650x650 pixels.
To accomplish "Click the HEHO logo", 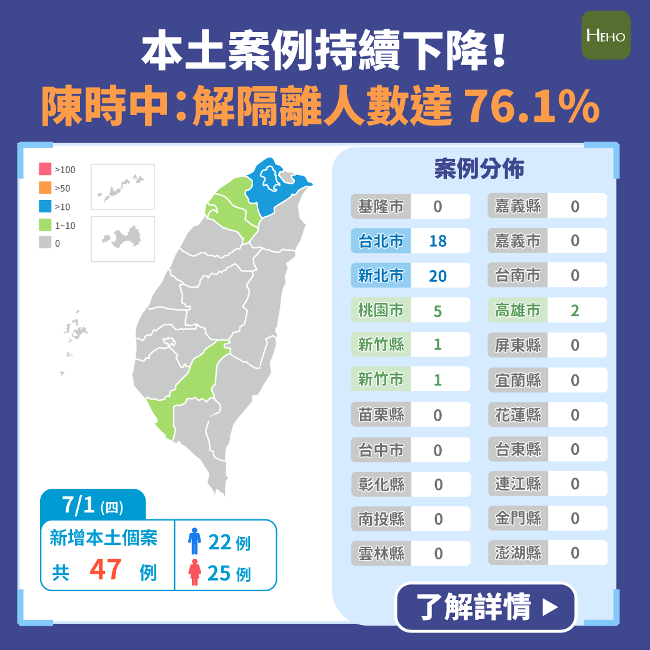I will click(x=606, y=35).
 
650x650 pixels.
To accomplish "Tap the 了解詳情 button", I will click(x=486, y=607).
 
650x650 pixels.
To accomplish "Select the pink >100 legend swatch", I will click(x=45, y=169).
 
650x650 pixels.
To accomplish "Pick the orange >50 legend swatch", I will click(x=45, y=187).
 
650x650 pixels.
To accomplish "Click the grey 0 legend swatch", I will click(x=45, y=243).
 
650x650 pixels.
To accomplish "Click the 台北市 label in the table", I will click(x=381, y=241).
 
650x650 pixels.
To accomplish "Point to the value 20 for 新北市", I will click(x=438, y=276).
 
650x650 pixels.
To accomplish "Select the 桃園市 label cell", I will click(x=381, y=311).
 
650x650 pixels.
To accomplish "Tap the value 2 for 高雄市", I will click(x=575, y=311).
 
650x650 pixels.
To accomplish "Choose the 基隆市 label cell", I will click(x=381, y=206).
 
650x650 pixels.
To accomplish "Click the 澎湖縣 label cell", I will click(x=517, y=553).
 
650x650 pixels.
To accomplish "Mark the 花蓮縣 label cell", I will click(x=517, y=415).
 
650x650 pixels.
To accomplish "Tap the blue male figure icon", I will click(x=195, y=541).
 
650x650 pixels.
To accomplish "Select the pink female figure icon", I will click(x=195, y=572).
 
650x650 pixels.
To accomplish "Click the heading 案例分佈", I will click(x=479, y=169).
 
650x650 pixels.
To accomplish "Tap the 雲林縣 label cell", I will click(x=381, y=553).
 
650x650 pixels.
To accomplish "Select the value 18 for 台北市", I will click(x=438, y=241).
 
